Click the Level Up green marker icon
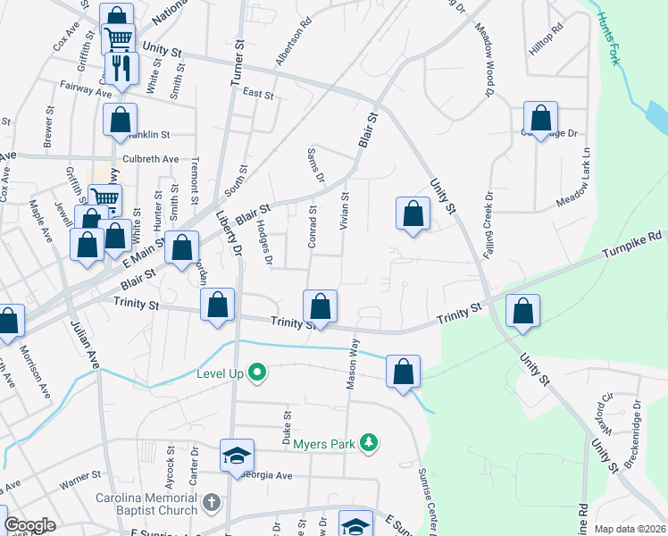click(x=258, y=371)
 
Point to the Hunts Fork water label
click(x=614, y=30)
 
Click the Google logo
click(x=29, y=525)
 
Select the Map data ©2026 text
click(x=630, y=529)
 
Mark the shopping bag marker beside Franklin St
click(x=121, y=120)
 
